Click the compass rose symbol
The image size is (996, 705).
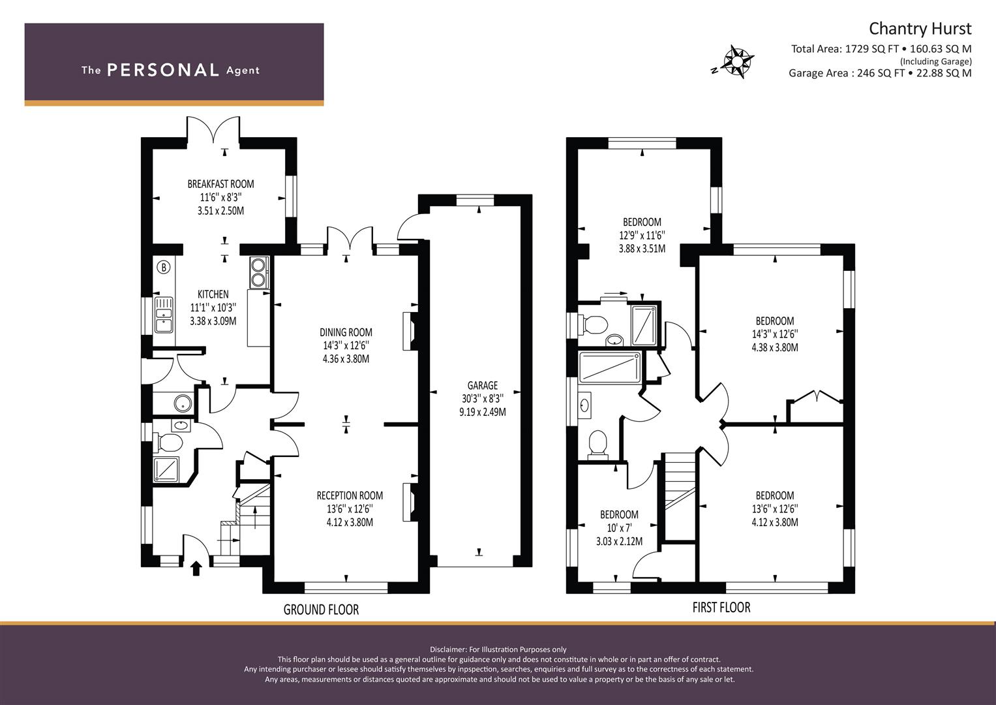[737, 62]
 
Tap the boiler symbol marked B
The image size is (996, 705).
[164, 268]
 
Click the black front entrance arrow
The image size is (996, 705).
[196, 569]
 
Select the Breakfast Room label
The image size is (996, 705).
[220, 184]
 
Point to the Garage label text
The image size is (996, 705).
[483, 385]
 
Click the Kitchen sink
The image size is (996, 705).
[164, 315]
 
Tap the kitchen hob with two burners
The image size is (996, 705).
[258, 272]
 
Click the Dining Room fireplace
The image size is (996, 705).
[409, 331]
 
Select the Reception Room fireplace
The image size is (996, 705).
[409, 501]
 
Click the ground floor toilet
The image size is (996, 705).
[168, 443]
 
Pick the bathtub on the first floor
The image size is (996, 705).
[610, 367]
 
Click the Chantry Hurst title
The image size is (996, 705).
[920, 29]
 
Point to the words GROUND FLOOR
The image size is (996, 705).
[321, 609]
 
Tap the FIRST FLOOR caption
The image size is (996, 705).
[721, 608]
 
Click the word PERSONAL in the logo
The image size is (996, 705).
[163, 70]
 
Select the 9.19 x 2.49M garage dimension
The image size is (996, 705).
[483, 412]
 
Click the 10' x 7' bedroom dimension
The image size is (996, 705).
[619, 528]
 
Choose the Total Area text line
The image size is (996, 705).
[881, 49]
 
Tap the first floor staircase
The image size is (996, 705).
[680, 497]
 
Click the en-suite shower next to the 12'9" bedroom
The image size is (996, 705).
[644, 325]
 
